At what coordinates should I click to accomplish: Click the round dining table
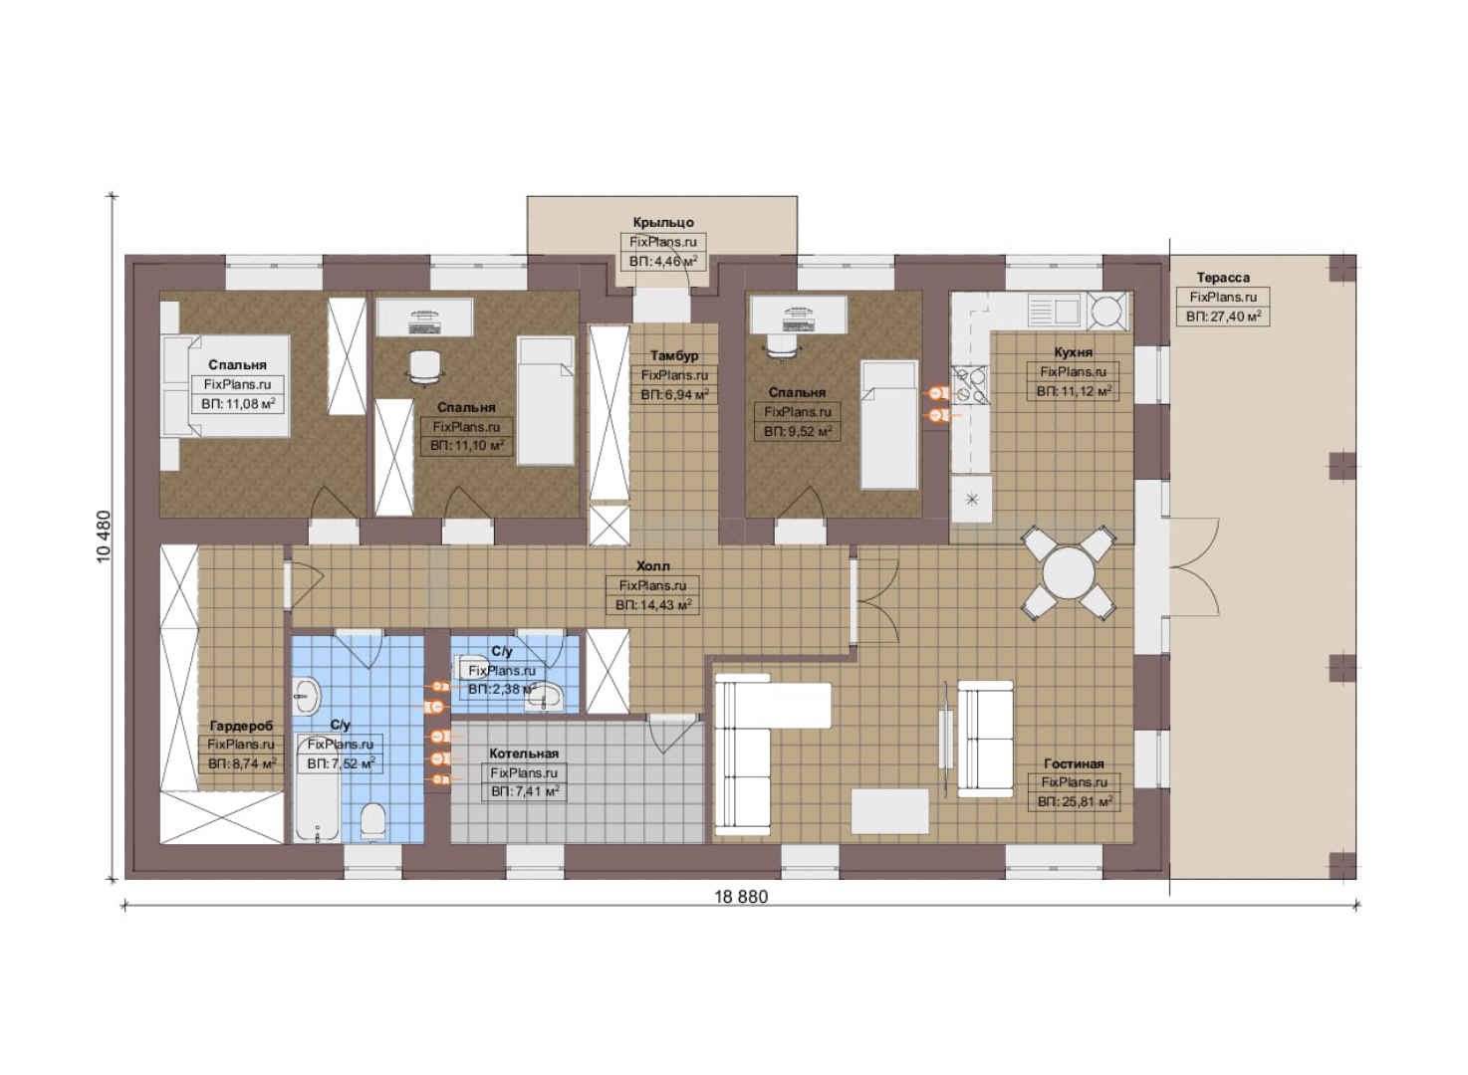tap(1068, 572)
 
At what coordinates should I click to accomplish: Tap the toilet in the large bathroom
tap(372, 820)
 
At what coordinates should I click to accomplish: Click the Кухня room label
tap(1073, 351)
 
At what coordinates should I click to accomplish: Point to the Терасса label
tap(1223, 277)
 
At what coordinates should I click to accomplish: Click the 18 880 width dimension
tap(741, 896)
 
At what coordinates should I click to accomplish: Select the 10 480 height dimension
tap(104, 537)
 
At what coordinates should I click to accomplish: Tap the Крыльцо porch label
tap(663, 222)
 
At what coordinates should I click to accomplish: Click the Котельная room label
tap(524, 753)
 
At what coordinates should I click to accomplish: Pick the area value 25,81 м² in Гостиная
tap(1075, 801)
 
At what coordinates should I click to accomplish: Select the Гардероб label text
tap(241, 726)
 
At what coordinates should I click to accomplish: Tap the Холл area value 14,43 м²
tap(652, 604)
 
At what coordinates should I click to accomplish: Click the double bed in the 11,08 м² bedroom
tap(225, 386)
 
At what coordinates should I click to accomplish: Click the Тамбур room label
tap(673, 355)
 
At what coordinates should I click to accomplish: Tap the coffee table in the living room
tap(889, 811)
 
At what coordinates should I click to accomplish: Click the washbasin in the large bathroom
tap(307, 696)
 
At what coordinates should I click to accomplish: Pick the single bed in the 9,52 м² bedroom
tap(888, 424)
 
